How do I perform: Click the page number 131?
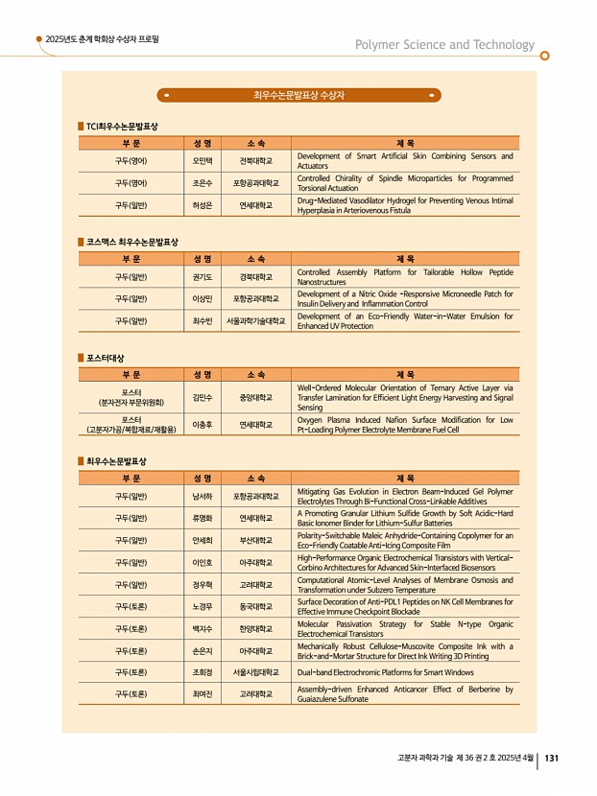pos(552,758)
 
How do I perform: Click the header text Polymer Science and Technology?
pos(444,45)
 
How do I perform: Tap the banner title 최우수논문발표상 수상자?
pos(298,95)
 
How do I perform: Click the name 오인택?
pos(202,160)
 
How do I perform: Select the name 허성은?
pos(202,204)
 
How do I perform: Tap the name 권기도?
pos(202,276)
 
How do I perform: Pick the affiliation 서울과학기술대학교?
pos(256,320)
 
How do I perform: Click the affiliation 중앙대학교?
pos(256,396)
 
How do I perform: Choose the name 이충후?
pos(202,424)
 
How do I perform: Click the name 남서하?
pos(202,496)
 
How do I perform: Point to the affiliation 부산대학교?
pos(256,540)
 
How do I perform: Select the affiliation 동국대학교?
pos(256,606)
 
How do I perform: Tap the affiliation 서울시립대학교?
pos(256,672)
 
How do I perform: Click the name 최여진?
pos(202,694)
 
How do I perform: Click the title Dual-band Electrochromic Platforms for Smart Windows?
pos(384,672)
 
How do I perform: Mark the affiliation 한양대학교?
pos(256,628)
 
